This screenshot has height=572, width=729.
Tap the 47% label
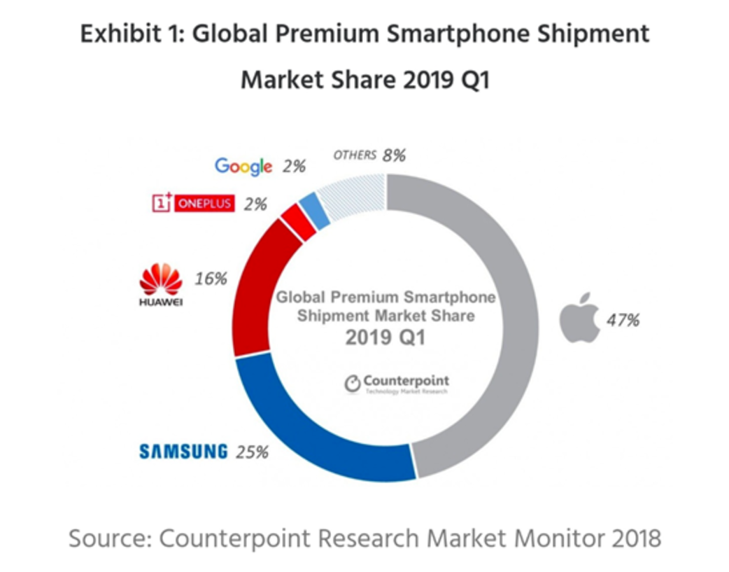[622, 321]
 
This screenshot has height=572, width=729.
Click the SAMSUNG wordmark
[183, 452]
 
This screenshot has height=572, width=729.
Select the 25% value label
[251, 452]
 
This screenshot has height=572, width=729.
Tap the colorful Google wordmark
[243, 166]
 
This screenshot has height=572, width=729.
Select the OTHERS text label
[355, 155]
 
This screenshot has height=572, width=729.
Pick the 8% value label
[394, 155]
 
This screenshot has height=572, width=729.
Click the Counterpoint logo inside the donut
[396, 383]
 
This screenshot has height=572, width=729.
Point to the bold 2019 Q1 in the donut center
[385, 338]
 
